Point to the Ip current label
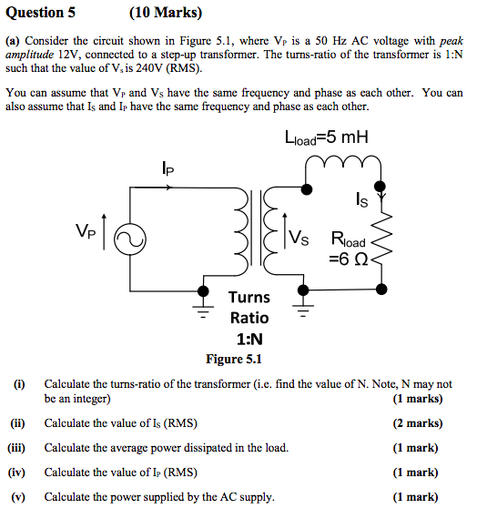pos(167,168)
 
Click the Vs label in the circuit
pos(299,239)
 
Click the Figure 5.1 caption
pos(236,359)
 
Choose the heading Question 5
pos(41,13)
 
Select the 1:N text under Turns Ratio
pos(249,339)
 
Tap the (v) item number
pos(18,497)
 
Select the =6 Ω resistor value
pos(349,259)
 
